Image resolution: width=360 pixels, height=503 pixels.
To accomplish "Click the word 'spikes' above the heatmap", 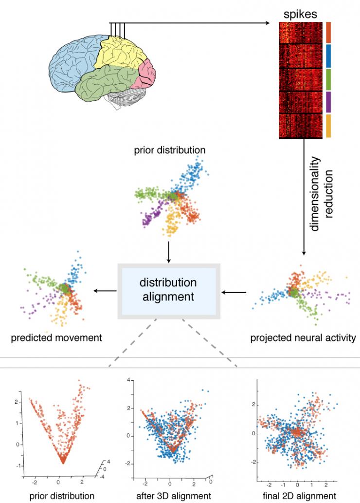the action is (300, 14).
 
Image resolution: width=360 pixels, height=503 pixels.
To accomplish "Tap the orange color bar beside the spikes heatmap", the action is (328, 33).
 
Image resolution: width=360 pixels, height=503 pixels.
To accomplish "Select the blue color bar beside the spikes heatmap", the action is (328, 56).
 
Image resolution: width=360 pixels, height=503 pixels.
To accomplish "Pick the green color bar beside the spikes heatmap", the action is (328, 79).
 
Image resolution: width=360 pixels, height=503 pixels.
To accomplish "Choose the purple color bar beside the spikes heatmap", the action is (328, 102).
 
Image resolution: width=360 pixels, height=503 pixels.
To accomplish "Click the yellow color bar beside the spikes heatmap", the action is (328, 126).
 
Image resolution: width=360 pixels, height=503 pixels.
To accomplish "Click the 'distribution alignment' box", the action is (169, 291).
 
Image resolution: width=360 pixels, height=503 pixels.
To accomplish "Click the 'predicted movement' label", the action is (56, 338).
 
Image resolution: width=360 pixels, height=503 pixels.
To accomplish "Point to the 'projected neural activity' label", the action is (303, 338).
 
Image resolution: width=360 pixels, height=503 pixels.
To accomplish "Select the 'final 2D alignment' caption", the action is (299, 496).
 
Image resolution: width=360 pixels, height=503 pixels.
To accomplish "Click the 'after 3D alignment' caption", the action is (173, 496).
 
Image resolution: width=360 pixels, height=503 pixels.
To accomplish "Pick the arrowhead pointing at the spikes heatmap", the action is (267, 23).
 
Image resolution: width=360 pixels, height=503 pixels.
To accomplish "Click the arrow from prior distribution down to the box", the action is (169, 252).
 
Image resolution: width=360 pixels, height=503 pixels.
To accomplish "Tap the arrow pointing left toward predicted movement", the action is (105, 291).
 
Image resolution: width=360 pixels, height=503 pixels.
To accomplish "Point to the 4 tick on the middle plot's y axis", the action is (128, 380).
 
